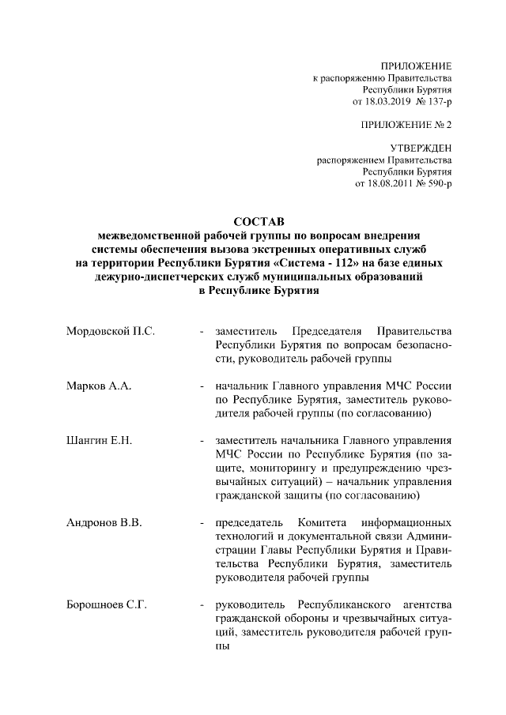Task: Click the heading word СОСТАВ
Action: (x=258, y=222)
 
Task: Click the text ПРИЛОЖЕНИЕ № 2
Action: (x=405, y=125)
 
